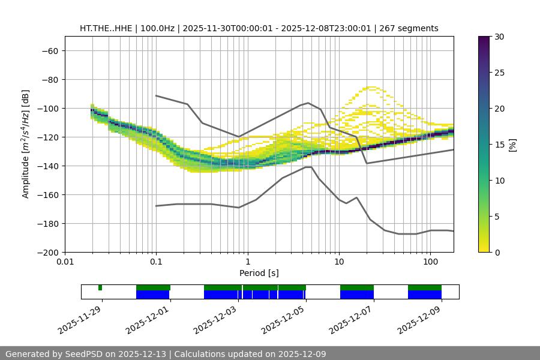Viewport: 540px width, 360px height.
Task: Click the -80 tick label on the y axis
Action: click(x=49, y=79)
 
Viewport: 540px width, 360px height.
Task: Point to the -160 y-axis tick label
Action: click(x=47, y=194)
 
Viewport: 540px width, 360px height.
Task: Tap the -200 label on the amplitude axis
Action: click(x=47, y=252)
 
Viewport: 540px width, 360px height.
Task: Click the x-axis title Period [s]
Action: click(x=259, y=273)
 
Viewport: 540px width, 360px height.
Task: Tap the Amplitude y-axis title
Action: click(x=26, y=144)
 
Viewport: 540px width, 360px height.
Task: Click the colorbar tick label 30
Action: click(x=499, y=37)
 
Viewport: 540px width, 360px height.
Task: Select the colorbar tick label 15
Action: click(x=499, y=145)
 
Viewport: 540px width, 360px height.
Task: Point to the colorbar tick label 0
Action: click(x=496, y=252)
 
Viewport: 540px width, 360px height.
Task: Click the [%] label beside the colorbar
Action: click(x=512, y=145)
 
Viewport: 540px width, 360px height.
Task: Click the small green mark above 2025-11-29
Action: click(x=100, y=288)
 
